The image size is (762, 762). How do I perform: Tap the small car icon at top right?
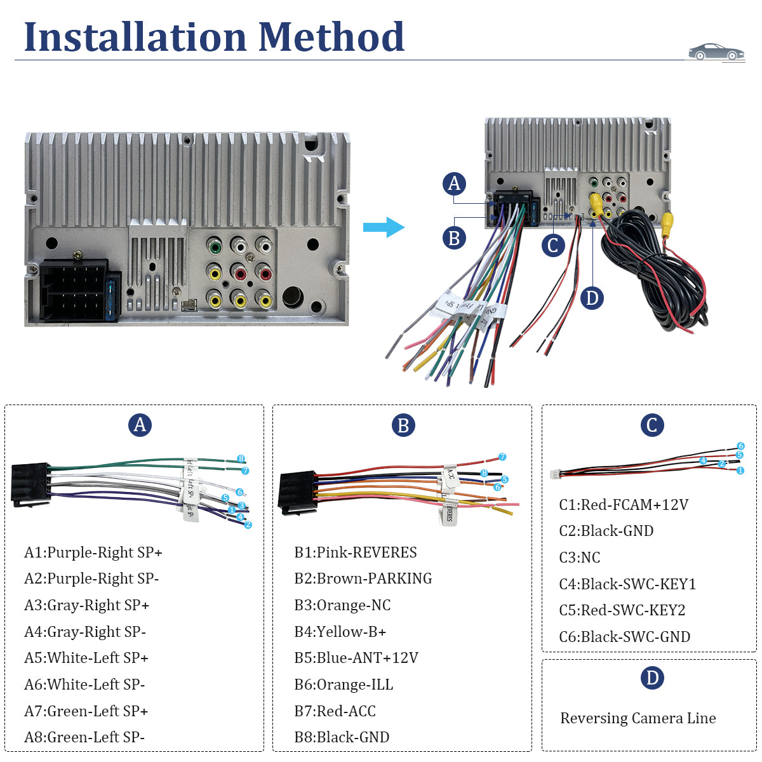716,52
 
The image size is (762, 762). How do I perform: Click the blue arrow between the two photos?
384,227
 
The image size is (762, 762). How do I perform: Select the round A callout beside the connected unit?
454,184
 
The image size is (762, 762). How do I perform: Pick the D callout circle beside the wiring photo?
592,298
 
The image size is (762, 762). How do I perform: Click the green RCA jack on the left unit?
215,246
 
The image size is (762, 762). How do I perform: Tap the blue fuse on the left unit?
115,296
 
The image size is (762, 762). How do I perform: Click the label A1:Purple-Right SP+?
93,552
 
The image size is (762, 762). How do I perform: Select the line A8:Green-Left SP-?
84,737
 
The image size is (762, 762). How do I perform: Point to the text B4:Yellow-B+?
340,632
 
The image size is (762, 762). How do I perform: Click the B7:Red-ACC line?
335,711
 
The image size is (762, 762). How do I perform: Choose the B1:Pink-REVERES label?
355,552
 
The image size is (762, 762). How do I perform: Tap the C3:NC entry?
579,558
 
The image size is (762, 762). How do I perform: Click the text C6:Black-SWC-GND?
624,637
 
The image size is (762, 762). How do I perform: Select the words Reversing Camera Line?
638,718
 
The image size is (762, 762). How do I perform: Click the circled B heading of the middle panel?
403,425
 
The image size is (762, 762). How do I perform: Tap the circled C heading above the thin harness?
652,425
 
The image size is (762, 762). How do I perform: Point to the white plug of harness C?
556,474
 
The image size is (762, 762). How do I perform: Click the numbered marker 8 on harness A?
241,458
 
